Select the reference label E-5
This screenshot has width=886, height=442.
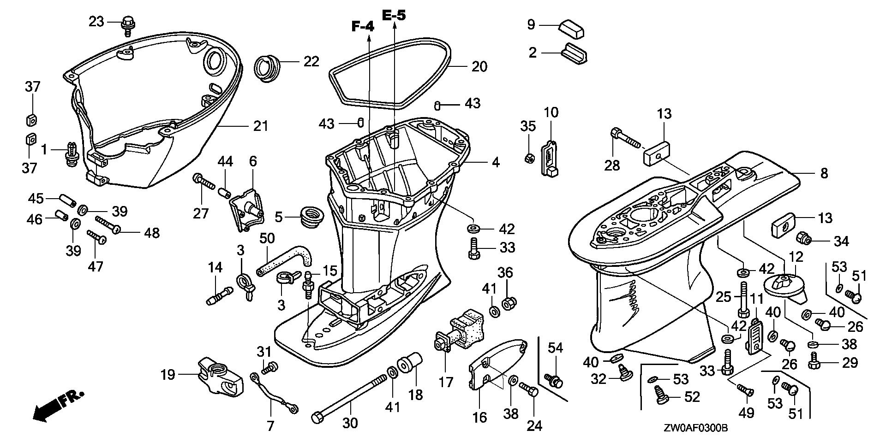point(395,15)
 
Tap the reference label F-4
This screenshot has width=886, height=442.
point(363,27)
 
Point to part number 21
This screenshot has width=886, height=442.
point(260,125)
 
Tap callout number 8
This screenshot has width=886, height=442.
point(824,173)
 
